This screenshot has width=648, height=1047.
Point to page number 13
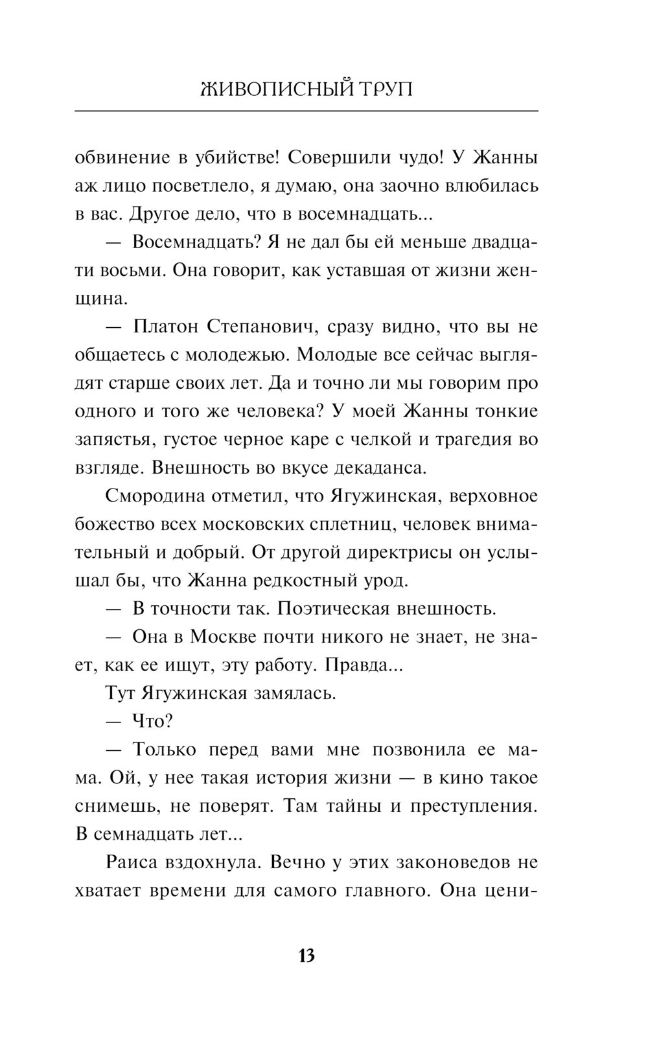(307, 956)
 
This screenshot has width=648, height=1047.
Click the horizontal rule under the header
(307, 111)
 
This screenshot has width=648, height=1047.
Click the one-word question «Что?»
(148, 721)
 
